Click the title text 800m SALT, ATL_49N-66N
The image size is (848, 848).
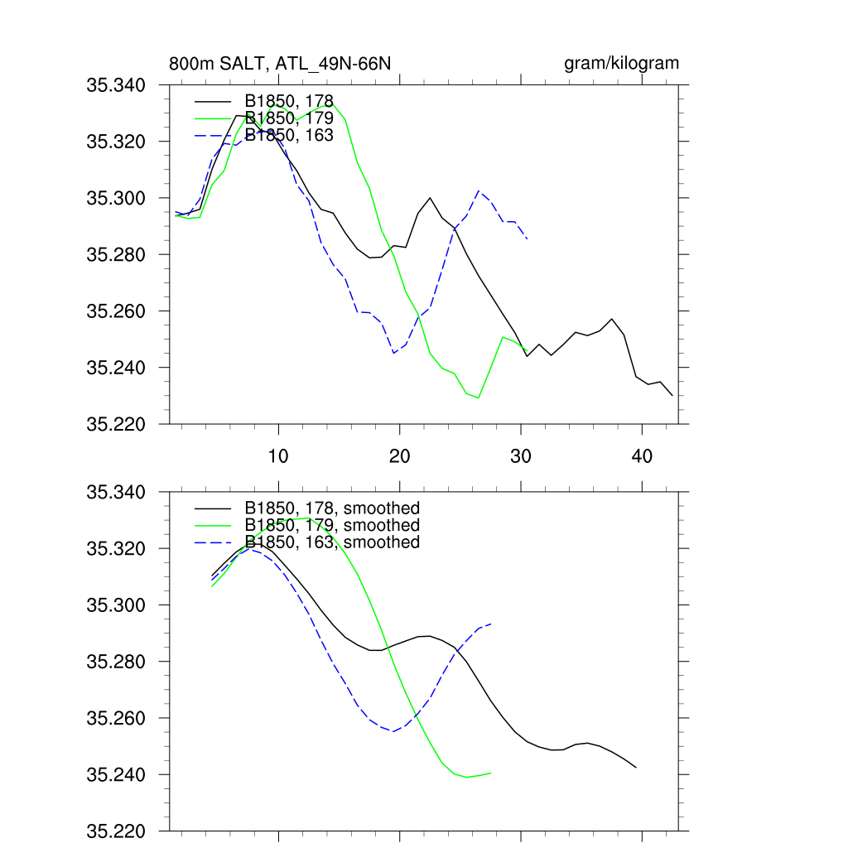pyautogui.click(x=280, y=64)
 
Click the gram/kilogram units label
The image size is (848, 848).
pyautogui.click(x=621, y=64)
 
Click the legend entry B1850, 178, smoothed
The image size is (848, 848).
pyautogui.click(x=331, y=508)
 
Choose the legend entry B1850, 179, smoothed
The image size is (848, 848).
pyautogui.click(x=331, y=525)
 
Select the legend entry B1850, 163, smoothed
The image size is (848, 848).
pyautogui.click(x=331, y=542)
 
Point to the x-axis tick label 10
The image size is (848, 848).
pyautogui.click(x=279, y=456)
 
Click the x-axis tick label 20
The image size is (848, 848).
pyautogui.click(x=400, y=456)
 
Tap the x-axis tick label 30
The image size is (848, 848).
pyautogui.click(x=521, y=456)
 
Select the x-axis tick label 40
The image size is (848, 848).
pyautogui.click(x=642, y=456)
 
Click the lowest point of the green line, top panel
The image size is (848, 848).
pyautogui.click(x=479, y=398)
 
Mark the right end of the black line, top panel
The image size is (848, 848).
pyautogui.click(x=672, y=396)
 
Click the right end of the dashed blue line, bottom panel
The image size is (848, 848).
pyautogui.click(x=491, y=624)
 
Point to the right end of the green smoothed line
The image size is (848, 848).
pyautogui.click(x=491, y=773)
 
